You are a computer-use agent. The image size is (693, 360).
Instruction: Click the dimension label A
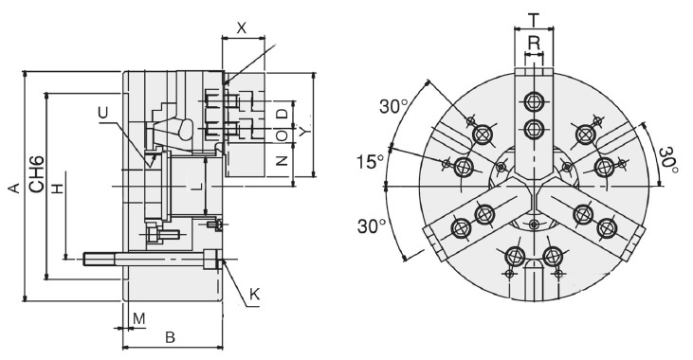pos(13,189)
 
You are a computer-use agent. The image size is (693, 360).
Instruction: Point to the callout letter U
pos(101,113)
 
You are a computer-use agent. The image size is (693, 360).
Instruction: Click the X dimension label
pos(241,28)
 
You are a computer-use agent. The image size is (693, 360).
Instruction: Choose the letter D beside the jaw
pos(282,114)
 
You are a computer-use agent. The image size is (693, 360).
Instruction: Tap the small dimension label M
pos(138,317)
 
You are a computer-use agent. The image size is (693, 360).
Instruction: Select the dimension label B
pos(171,337)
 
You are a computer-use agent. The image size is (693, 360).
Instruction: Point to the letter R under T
pos(534,43)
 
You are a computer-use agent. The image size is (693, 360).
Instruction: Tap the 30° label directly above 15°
pos(393,107)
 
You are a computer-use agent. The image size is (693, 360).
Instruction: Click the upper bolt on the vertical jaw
pos(534,101)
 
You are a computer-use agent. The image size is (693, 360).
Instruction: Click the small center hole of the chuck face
pos(534,224)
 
